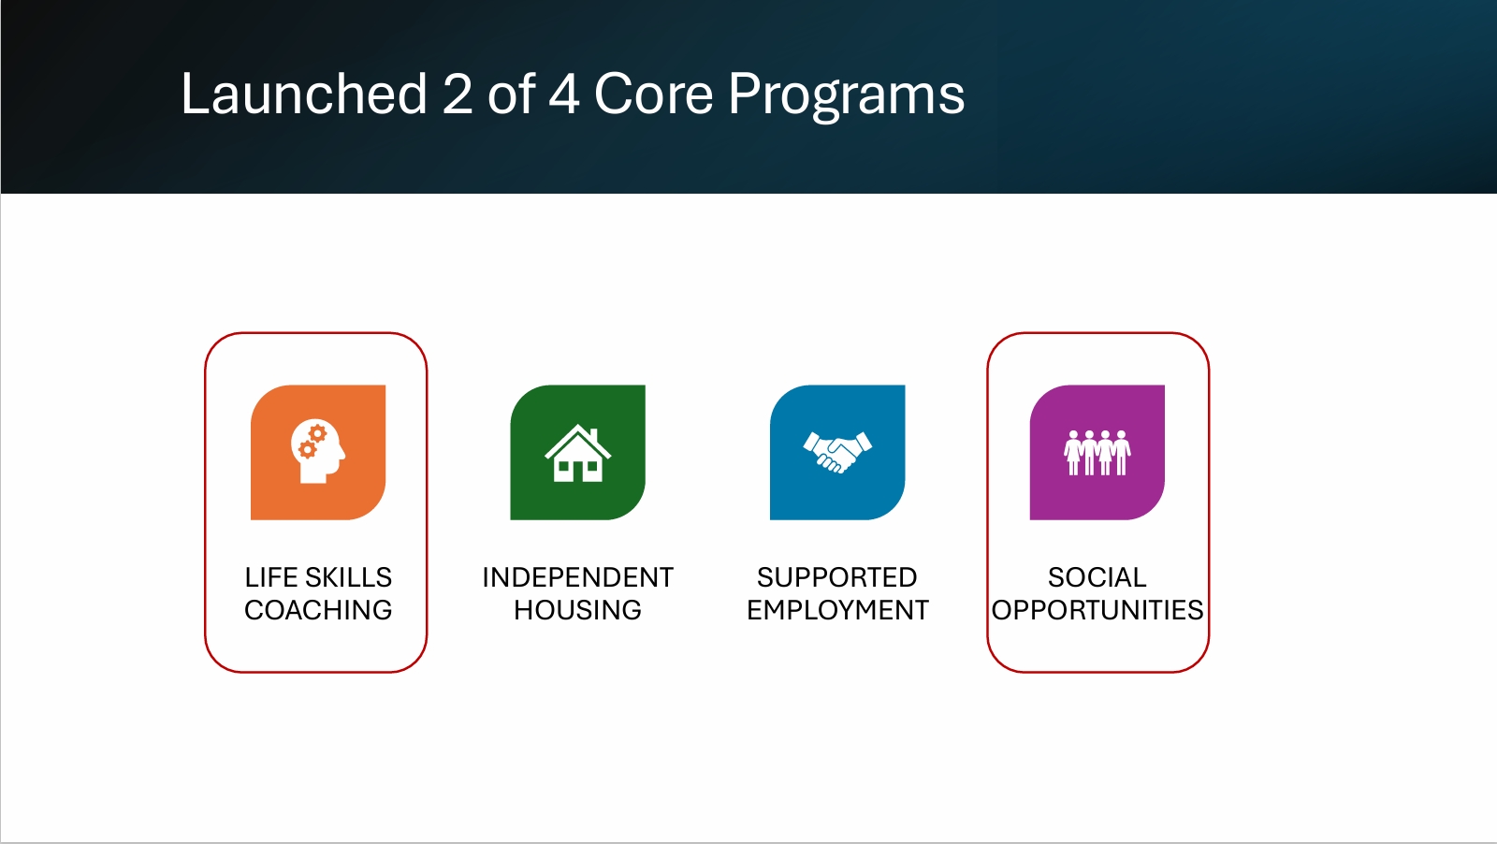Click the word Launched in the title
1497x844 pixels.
[x=304, y=94]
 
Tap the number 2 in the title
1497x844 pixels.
[x=458, y=95]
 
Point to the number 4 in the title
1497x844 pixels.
[x=563, y=95]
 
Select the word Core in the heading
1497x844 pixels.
[x=654, y=94]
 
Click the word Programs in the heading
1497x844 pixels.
[x=847, y=97]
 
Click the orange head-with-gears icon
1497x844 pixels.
[x=318, y=452]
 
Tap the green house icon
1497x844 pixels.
[x=578, y=452]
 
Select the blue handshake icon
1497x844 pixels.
[x=837, y=452]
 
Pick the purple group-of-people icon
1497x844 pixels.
[x=1097, y=452]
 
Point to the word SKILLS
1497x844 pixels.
[x=347, y=577]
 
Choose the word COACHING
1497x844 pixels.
[x=318, y=610]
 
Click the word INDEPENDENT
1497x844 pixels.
[x=578, y=577]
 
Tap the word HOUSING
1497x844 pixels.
[x=578, y=610]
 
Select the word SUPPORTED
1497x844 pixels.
[x=837, y=577]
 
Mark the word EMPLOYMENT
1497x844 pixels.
[x=837, y=610]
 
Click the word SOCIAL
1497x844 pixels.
[x=1097, y=577]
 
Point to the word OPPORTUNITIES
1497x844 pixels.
[x=1097, y=610]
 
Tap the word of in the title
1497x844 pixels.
[x=511, y=94]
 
